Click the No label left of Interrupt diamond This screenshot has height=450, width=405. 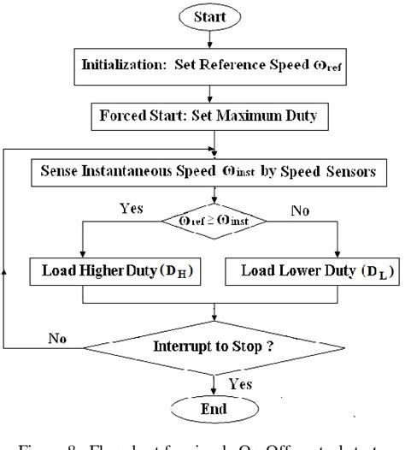tap(57, 339)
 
